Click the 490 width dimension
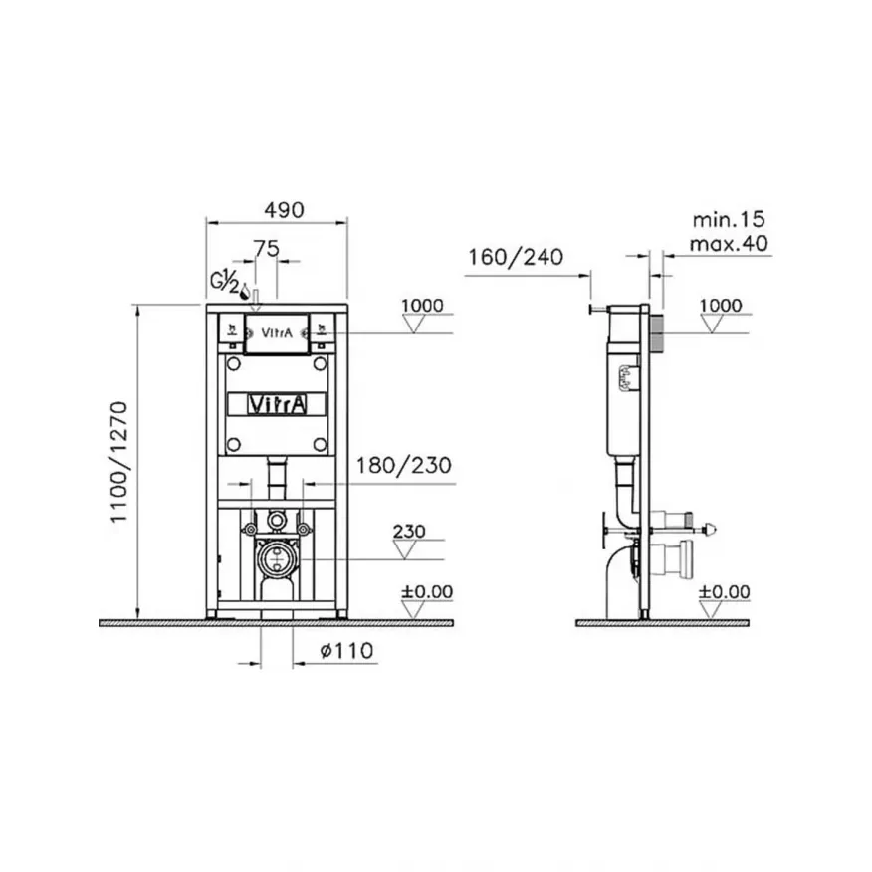point(284,210)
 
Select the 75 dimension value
point(267,249)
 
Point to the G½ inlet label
point(225,284)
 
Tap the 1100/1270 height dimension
point(119,462)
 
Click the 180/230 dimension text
point(404,466)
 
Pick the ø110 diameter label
point(346,651)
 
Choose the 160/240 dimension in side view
point(516,257)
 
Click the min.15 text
point(729,220)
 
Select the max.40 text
point(729,244)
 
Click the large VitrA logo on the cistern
point(277,404)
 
